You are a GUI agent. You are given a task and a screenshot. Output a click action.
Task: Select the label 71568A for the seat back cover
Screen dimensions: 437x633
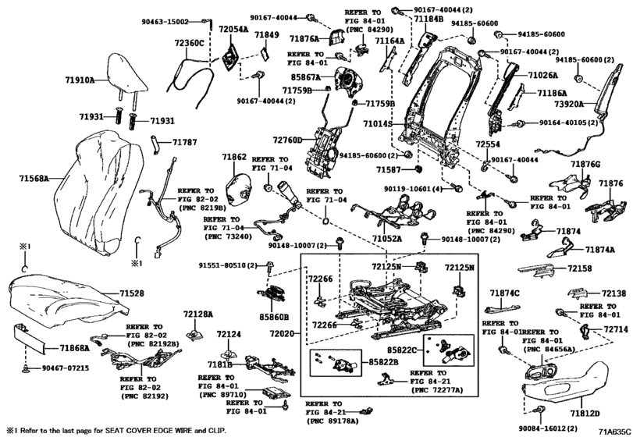[x=34, y=179]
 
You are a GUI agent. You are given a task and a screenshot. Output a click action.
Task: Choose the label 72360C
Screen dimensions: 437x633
[x=189, y=43]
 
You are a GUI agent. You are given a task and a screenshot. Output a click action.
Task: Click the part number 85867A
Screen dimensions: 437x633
[x=305, y=77]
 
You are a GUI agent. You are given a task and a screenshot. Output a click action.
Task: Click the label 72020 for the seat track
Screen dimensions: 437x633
[x=283, y=332]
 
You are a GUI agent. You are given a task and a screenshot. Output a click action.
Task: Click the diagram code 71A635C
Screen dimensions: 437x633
[x=613, y=430]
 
